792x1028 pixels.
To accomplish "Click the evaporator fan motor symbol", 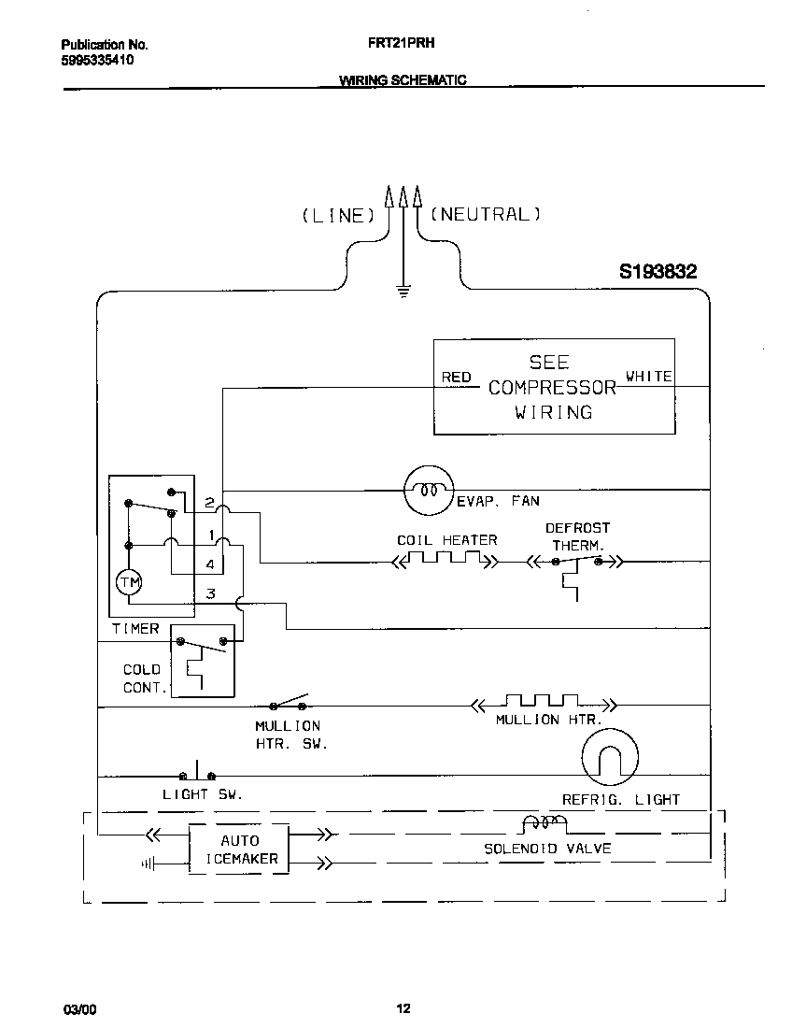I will coord(428,489).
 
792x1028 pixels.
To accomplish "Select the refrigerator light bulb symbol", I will coord(610,756).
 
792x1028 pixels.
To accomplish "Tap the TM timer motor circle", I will coord(127,583).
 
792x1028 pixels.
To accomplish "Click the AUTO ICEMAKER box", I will coord(239,850).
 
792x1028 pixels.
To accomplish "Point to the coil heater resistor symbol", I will coord(445,560).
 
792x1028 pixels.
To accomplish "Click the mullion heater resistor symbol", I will coord(542,702).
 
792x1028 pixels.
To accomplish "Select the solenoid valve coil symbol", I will coord(544,824).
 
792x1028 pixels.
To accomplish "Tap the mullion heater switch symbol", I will coord(289,703).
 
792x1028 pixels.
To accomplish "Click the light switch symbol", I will coord(197,774).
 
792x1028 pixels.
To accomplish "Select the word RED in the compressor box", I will coord(457,378).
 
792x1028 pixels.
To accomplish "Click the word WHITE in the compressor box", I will coord(648,377).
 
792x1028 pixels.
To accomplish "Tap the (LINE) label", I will coord(337,215).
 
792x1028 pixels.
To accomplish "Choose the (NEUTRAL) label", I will coord(486,214).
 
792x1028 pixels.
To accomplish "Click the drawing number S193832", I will coord(658,272).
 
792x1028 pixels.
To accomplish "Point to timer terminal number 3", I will coord(211,593).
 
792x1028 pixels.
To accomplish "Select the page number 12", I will coord(403,1008).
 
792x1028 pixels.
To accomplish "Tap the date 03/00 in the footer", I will coord(79,1009).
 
